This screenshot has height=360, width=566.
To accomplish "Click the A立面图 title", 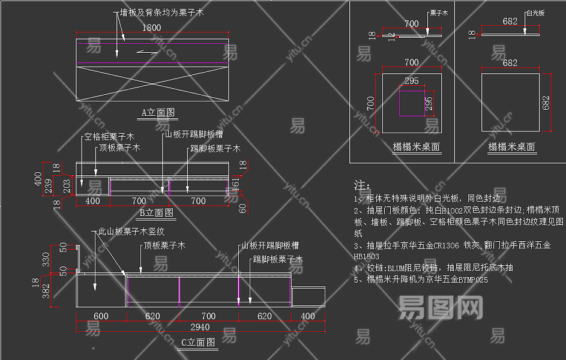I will pyautogui.click(x=158, y=112).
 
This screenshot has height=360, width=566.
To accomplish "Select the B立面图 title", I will pyautogui.click(x=157, y=212).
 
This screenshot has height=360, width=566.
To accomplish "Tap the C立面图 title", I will pyautogui.click(x=198, y=343).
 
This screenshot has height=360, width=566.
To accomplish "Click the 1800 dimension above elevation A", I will pyautogui.click(x=152, y=28).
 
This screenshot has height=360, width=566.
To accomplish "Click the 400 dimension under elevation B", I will pyautogui.click(x=93, y=201).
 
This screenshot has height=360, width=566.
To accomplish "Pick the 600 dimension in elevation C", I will pyautogui.click(x=101, y=316).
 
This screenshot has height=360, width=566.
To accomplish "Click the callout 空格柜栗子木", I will pyautogui.click(x=109, y=137).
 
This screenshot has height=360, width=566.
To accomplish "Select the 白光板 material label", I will pyautogui.click(x=535, y=13).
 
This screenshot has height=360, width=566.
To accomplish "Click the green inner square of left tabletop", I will pyautogui.click(x=412, y=101).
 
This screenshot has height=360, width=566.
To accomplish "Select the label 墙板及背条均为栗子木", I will pyautogui.click(x=161, y=13).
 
